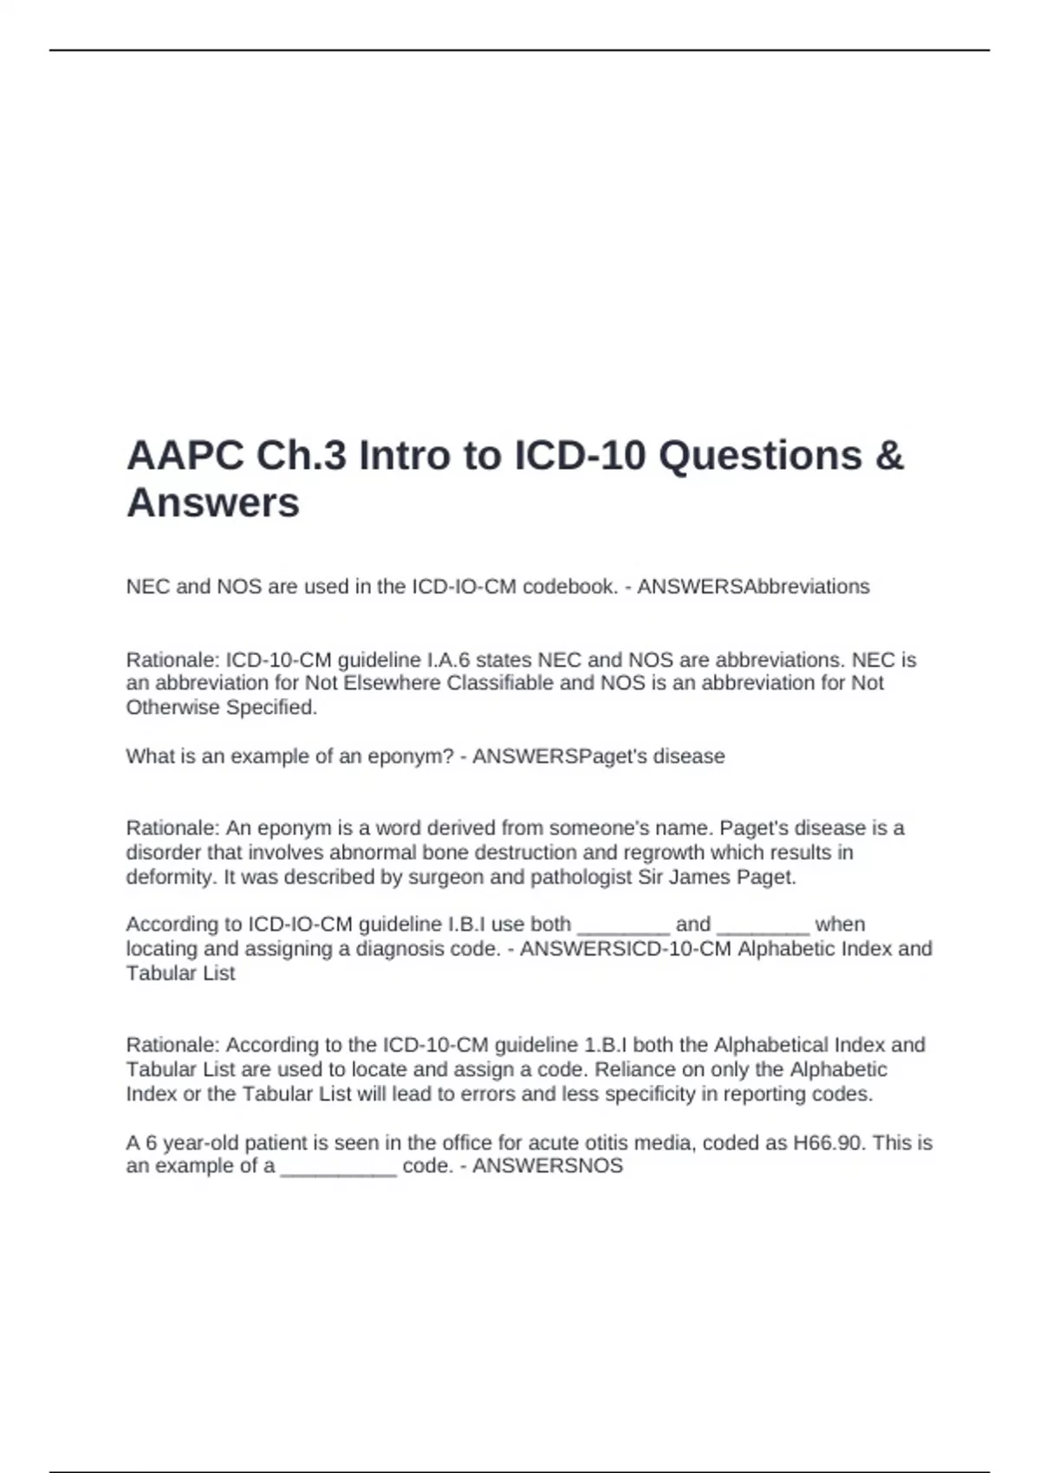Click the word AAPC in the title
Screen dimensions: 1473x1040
(184, 455)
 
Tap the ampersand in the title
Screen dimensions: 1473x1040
(889, 455)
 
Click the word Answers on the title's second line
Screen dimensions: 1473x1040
(213, 503)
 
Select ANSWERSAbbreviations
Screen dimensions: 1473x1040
(753, 587)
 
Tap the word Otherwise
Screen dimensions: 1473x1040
(172, 707)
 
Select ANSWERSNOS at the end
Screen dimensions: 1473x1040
(548, 1166)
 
